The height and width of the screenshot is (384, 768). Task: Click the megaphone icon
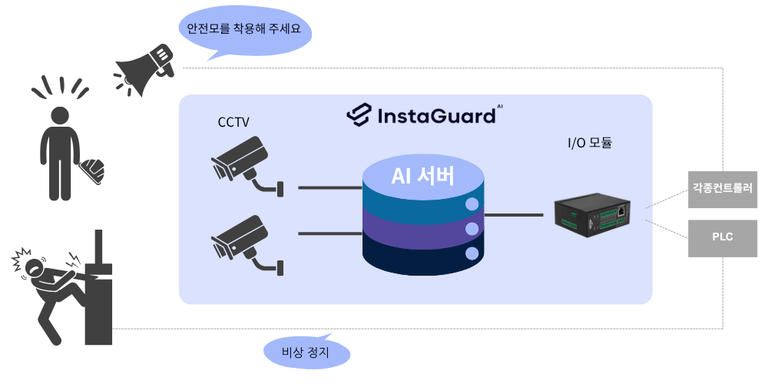[144, 69]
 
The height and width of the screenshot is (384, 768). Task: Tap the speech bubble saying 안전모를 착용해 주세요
[244, 30]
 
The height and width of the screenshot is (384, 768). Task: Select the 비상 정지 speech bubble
[306, 353]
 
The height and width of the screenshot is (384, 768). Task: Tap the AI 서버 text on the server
[423, 177]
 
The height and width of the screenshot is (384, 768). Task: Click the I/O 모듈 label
[589, 142]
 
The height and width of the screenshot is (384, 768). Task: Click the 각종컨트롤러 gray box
[723, 187]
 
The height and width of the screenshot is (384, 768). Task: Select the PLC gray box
[723, 237]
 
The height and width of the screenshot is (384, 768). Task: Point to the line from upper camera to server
[329, 187]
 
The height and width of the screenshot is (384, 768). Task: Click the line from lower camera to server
[329, 233]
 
